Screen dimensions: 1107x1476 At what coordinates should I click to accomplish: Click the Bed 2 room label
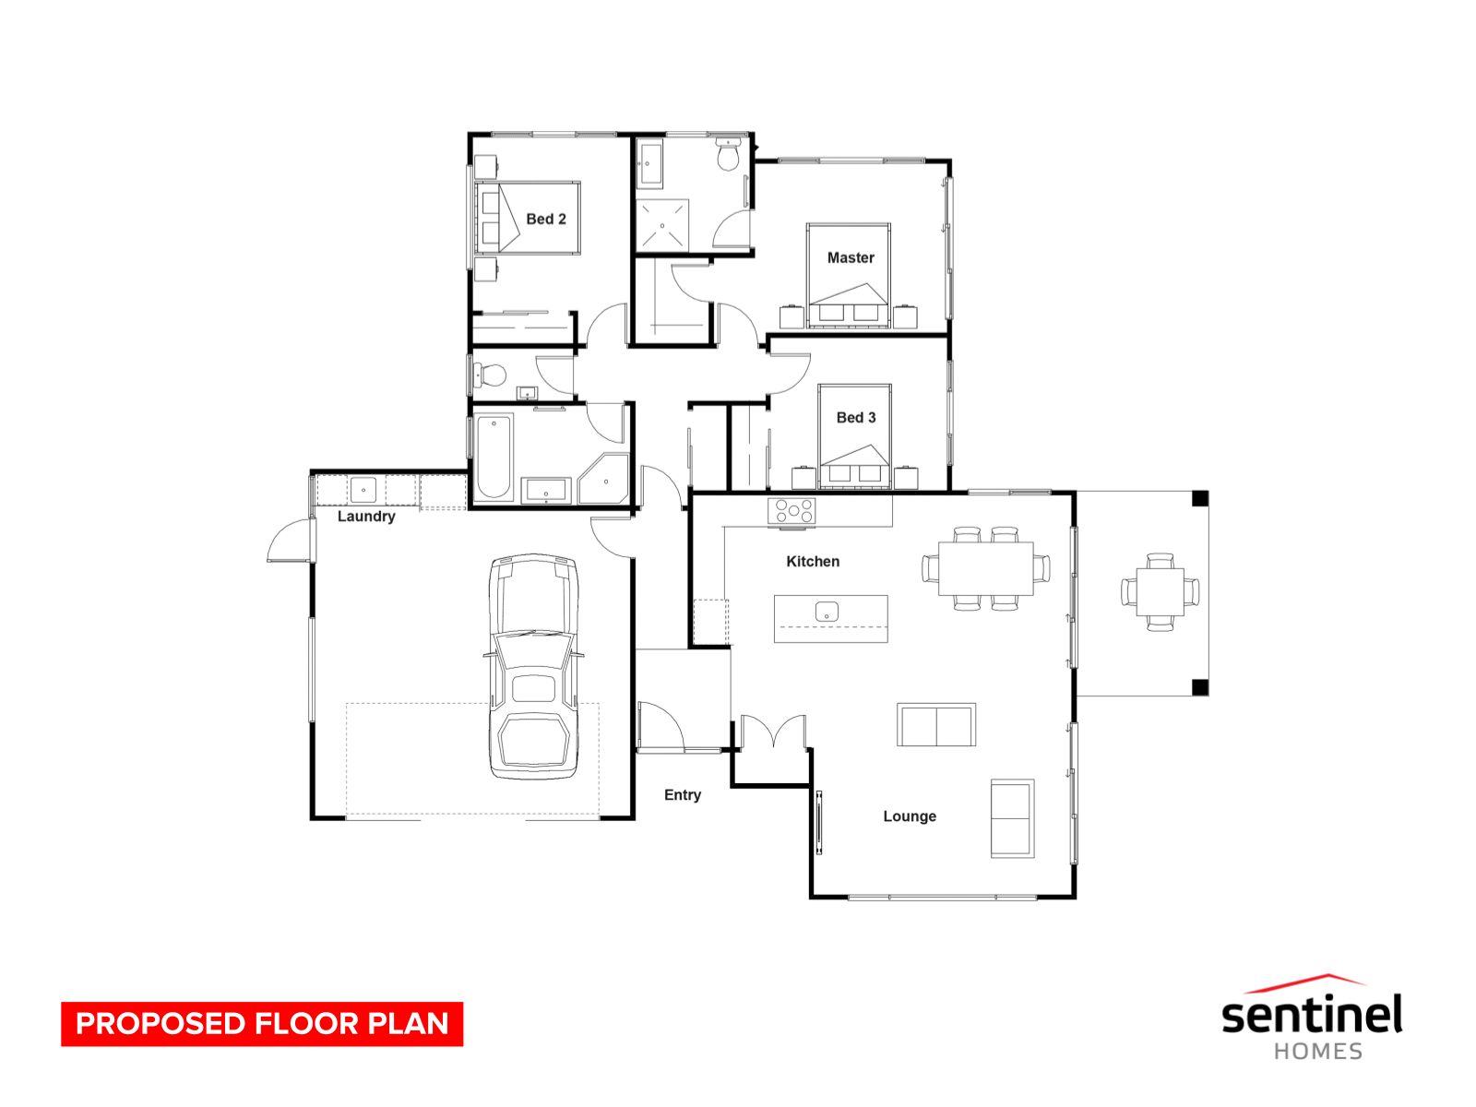(545, 220)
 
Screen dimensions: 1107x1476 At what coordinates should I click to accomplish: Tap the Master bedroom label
(850, 258)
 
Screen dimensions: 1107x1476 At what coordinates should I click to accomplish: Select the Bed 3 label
(855, 418)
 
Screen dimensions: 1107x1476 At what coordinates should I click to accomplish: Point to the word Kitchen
(812, 562)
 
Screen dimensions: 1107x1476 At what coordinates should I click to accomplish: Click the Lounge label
(909, 816)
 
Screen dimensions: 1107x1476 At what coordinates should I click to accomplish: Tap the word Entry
(682, 795)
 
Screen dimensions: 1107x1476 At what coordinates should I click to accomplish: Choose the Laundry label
(365, 517)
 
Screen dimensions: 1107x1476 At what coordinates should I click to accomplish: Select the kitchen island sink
(826, 611)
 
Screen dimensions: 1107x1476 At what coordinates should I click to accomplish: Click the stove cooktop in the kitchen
(792, 511)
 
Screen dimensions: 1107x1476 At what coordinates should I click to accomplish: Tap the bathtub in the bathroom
(494, 458)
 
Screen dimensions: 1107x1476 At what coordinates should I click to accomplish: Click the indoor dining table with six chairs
(985, 568)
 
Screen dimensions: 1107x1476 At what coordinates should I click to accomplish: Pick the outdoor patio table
(1160, 591)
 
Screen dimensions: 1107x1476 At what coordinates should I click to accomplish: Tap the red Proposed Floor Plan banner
(262, 1024)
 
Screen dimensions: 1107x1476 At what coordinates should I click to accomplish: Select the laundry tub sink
(363, 489)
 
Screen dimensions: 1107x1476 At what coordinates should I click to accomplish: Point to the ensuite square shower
(661, 225)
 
